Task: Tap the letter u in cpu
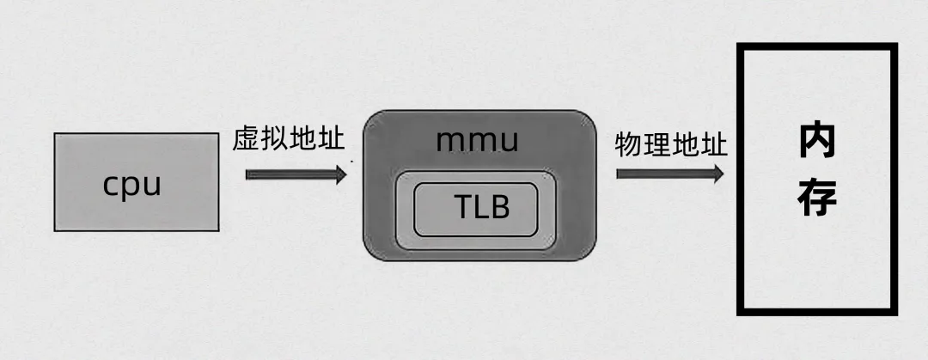point(151,186)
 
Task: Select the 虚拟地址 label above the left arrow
point(289,140)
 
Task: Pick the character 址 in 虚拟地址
point(331,140)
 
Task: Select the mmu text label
point(478,140)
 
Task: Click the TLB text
point(481,207)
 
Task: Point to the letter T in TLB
point(461,207)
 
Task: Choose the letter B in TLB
point(501,207)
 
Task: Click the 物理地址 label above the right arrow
point(671,143)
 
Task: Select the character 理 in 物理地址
point(657,143)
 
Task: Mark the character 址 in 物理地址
point(714,143)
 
